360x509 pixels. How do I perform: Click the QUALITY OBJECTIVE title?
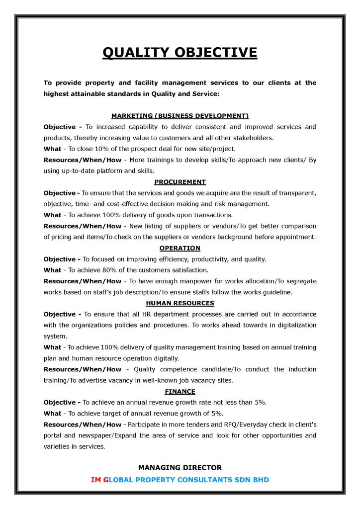point(180,53)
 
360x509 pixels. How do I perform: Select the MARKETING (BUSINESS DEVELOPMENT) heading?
point(180,116)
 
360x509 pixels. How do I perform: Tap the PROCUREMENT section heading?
point(180,182)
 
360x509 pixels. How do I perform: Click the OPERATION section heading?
point(180,248)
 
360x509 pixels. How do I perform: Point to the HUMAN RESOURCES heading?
point(180,303)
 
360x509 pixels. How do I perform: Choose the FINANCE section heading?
point(180,391)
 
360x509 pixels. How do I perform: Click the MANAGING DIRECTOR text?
point(180,467)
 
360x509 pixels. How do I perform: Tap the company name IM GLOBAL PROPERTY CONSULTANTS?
point(180,480)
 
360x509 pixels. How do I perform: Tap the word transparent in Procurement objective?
point(295,193)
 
